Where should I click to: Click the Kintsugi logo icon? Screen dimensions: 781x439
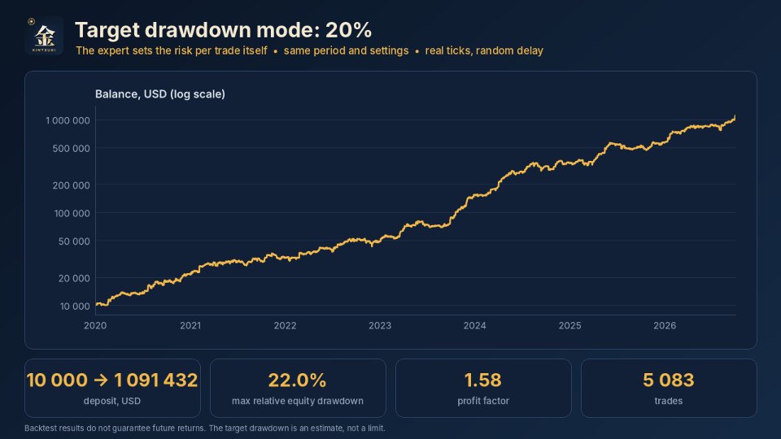tap(44, 35)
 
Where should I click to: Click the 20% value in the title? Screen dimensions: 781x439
tap(348, 30)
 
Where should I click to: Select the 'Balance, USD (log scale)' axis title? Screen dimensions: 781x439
tap(160, 94)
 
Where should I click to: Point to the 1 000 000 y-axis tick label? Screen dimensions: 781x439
tap(68, 120)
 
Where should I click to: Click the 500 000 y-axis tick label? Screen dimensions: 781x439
tap(72, 148)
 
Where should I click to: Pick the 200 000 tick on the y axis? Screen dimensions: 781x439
tap(72, 185)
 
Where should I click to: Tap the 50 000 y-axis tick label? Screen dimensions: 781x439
tap(74, 241)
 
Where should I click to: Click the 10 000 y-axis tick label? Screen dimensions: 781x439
tap(75, 306)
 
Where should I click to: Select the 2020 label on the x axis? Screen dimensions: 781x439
tap(95, 325)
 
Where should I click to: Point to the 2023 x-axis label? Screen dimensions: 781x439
tap(380, 325)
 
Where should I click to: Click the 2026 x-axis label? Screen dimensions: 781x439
tap(665, 325)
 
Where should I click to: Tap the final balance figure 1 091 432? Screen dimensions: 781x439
tap(156, 380)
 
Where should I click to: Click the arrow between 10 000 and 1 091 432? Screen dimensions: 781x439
tap(101, 380)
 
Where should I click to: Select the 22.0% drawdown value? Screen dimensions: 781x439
tap(298, 380)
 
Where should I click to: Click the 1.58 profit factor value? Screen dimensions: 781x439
tap(483, 380)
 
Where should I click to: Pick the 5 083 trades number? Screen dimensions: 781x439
tap(669, 380)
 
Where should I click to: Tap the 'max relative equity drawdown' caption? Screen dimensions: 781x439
tap(298, 401)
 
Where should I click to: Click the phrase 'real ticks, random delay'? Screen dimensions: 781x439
tap(484, 50)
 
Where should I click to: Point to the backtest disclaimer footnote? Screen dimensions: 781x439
tap(205, 428)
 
